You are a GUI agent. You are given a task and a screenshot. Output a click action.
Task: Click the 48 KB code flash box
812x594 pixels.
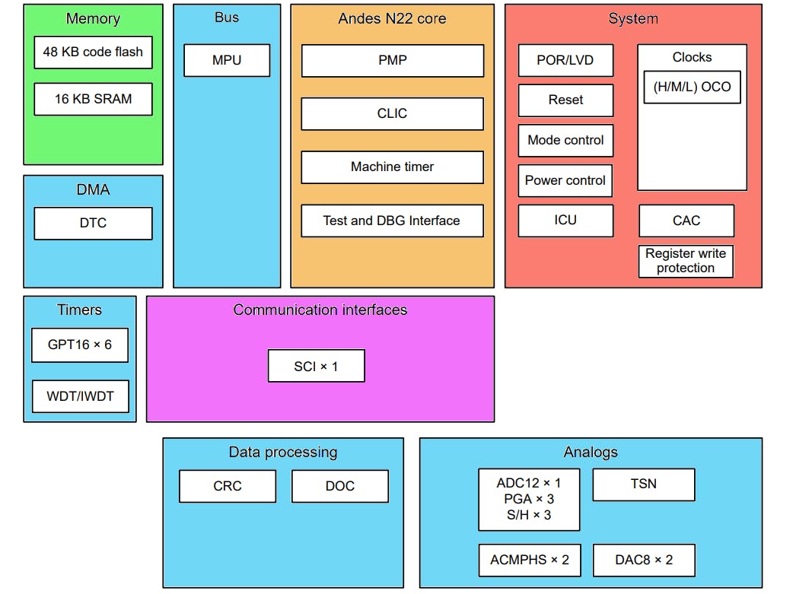[x=93, y=52]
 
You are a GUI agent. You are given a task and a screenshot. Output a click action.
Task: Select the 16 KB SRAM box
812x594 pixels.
[x=93, y=99]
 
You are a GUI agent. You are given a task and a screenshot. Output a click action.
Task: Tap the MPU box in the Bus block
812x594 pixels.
[x=227, y=60]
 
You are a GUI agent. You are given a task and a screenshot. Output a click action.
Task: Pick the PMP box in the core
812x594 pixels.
[x=392, y=60]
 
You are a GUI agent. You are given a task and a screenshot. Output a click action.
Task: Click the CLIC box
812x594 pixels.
[x=392, y=113]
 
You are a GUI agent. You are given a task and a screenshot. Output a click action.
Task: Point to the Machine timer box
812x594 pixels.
[x=392, y=167]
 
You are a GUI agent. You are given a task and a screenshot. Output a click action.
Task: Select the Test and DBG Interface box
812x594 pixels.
[x=392, y=221]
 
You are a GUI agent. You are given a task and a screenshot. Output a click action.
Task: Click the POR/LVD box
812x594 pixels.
[x=565, y=60]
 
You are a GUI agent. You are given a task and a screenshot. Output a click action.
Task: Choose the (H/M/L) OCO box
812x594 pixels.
[x=692, y=87]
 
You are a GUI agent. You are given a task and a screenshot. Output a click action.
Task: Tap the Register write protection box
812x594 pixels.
[x=686, y=261]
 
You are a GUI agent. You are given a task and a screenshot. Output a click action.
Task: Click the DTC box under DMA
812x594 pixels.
[x=93, y=223]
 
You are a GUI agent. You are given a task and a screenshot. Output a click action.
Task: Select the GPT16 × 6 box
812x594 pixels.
[x=80, y=345]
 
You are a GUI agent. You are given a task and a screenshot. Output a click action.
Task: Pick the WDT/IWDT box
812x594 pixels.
[x=80, y=396]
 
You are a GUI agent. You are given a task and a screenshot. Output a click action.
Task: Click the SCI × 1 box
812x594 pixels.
[x=316, y=366]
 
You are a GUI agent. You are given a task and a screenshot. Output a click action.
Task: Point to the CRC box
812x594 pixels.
[x=227, y=486]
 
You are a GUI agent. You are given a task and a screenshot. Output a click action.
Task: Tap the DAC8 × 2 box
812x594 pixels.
[x=644, y=560]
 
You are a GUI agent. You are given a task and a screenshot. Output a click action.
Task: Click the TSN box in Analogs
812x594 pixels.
[x=644, y=484]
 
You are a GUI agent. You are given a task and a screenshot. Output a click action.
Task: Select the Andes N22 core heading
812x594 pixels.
[x=392, y=18]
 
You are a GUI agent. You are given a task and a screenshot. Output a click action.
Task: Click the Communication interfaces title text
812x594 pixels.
[x=320, y=310]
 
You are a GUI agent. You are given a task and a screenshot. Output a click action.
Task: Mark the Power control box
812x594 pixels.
[x=565, y=180]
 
